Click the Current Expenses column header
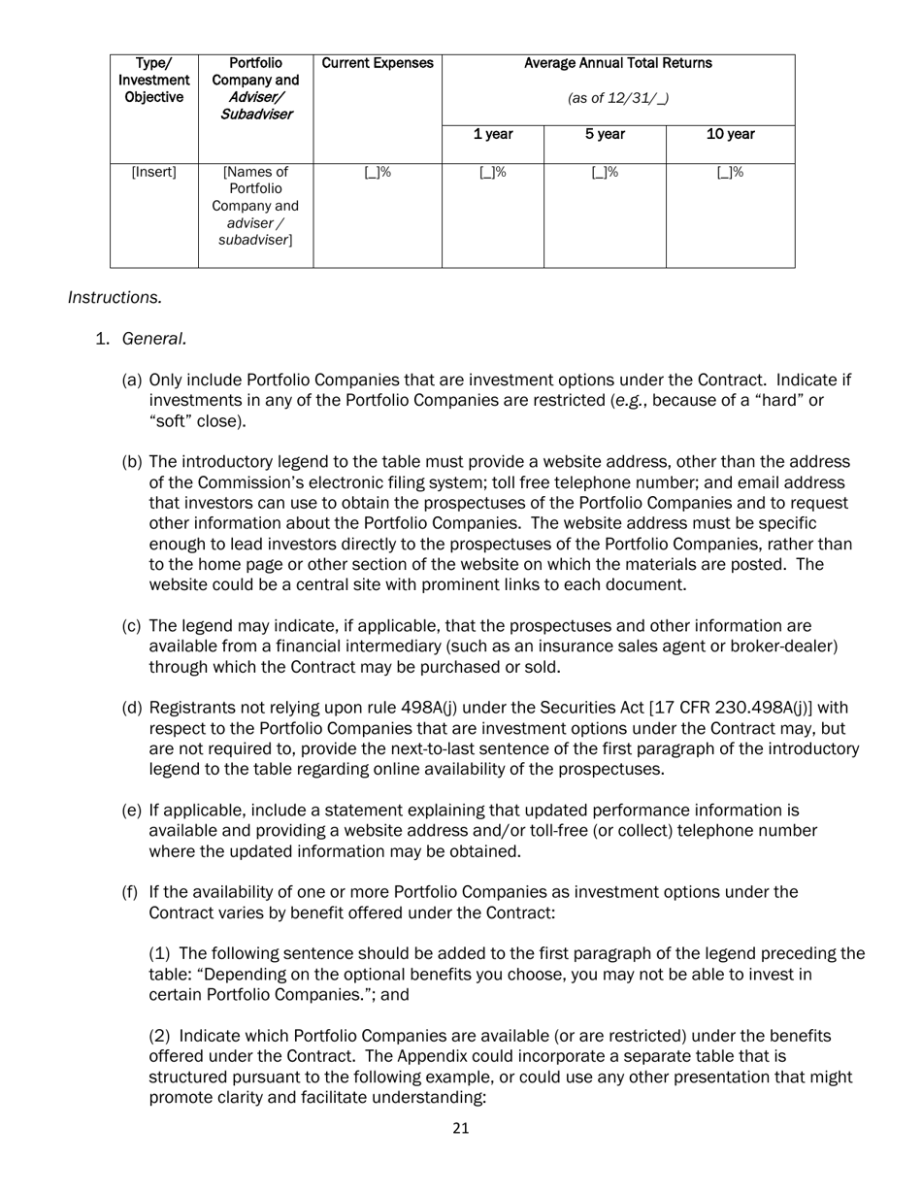click(x=377, y=63)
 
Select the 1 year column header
click(x=492, y=135)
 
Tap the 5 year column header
click(x=604, y=135)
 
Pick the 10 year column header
click(x=730, y=135)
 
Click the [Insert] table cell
click(x=153, y=173)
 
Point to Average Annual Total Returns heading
click(x=617, y=63)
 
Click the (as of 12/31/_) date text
click(x=617, y=98)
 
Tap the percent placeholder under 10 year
click(x=730, y=173)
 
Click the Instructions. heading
click(x=115, y=297)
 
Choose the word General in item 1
click(x=153, y=339)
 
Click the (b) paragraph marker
click(x=132, y=462)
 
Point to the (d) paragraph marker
click(x=132, y=708)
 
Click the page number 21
click(x=461, y=1128)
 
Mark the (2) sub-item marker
click(x=160, y=1037)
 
